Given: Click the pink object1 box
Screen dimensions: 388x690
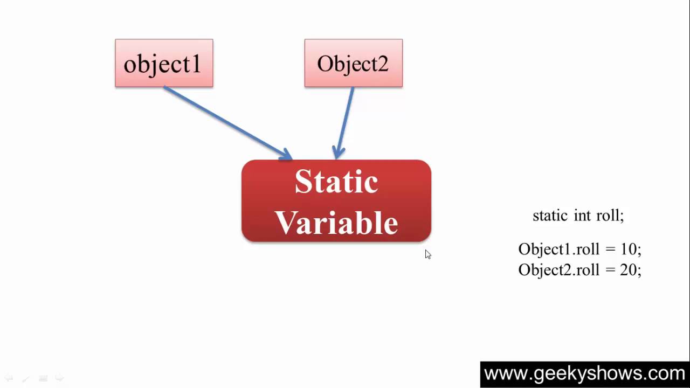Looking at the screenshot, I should point(164,63).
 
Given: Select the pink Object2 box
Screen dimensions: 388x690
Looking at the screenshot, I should point(353,63).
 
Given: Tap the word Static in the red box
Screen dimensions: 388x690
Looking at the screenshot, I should point(336,182).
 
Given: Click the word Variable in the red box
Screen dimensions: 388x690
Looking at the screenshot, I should point(336,222).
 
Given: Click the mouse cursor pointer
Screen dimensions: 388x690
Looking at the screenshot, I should point(427,254).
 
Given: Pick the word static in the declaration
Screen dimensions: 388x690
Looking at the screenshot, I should point(550,216).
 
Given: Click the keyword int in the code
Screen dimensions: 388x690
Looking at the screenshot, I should point(582,216).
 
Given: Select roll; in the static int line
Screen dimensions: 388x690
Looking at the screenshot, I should point(610,216).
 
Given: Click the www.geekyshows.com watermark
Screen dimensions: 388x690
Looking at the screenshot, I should point(584,373).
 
